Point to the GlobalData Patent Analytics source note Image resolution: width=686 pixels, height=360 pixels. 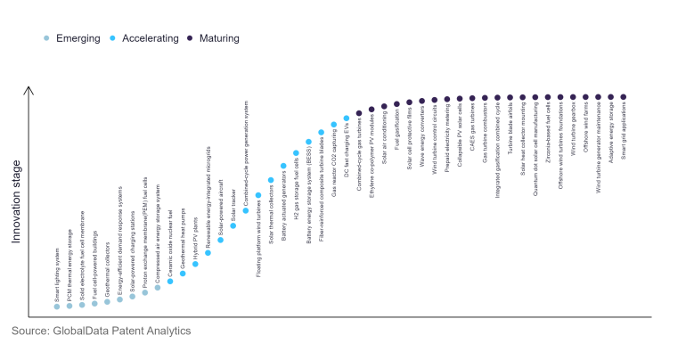(102, 331)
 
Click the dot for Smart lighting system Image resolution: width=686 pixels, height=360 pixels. (57, 306)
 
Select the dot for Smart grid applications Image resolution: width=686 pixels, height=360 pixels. (624, 96)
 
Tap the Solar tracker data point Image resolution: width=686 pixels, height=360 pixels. (233, 225)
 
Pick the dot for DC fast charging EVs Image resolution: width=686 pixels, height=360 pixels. (347, 118)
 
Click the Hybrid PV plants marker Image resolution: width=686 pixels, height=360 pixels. (195, 263)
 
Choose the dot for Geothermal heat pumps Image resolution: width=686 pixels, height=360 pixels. (183, 273)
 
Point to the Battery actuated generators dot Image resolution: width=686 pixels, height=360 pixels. (283, 166)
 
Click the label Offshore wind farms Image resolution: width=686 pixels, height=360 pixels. (585, 133)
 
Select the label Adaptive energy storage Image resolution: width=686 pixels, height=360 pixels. (611, 134)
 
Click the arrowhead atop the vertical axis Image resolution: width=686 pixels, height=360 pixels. (29, 89)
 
